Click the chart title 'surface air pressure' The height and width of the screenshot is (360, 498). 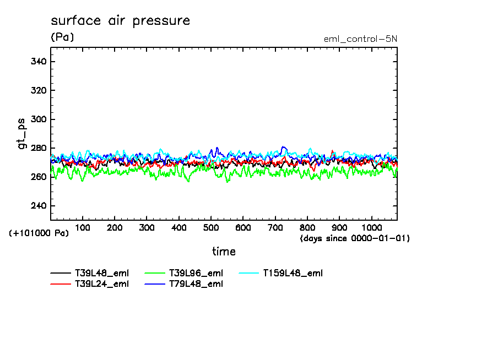[120, 21]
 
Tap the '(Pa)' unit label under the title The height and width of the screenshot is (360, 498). [62, 37]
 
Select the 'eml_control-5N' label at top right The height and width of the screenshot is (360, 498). [360, 39]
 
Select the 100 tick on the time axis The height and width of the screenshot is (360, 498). [83, 227]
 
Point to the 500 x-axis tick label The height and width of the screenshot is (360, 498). [211, 227]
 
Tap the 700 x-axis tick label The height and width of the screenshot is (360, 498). [275, 227]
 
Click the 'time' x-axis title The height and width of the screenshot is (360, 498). [224, 252]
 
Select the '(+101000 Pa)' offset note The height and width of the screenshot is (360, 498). [39, 233]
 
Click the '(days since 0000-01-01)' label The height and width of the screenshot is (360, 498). [355, 238]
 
